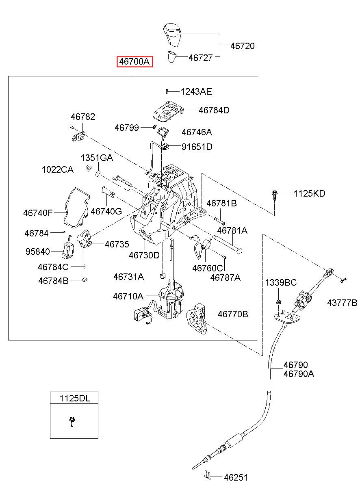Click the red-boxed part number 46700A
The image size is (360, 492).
coord(134,62)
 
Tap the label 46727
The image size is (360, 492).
coord(200,58)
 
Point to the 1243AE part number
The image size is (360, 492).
coord(196,91)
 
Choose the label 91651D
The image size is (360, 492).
coord(197,147)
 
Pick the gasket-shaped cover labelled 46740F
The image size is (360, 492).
coord(77,208)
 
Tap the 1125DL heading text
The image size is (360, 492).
coord(75,398)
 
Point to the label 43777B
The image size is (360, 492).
coord(342,303)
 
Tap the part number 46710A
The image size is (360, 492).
coord(128,296)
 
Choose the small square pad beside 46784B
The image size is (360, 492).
coord(85,280)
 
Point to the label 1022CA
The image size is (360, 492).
coord(58,169)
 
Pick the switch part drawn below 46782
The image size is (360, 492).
coord(79,136)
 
